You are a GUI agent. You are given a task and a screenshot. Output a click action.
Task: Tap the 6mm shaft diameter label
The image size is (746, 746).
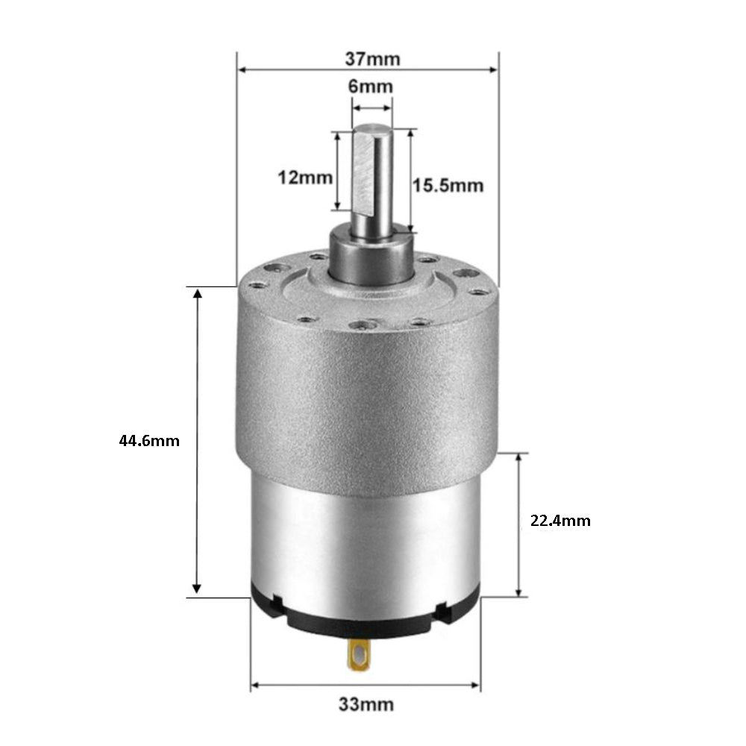371,87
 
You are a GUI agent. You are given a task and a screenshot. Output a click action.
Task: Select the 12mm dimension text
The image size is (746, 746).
305,178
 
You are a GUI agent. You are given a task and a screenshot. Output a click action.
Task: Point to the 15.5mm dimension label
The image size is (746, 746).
448,185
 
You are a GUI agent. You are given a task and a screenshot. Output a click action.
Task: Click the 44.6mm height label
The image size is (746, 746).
149,441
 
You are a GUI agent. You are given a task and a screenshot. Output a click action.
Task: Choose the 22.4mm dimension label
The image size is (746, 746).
560,521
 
